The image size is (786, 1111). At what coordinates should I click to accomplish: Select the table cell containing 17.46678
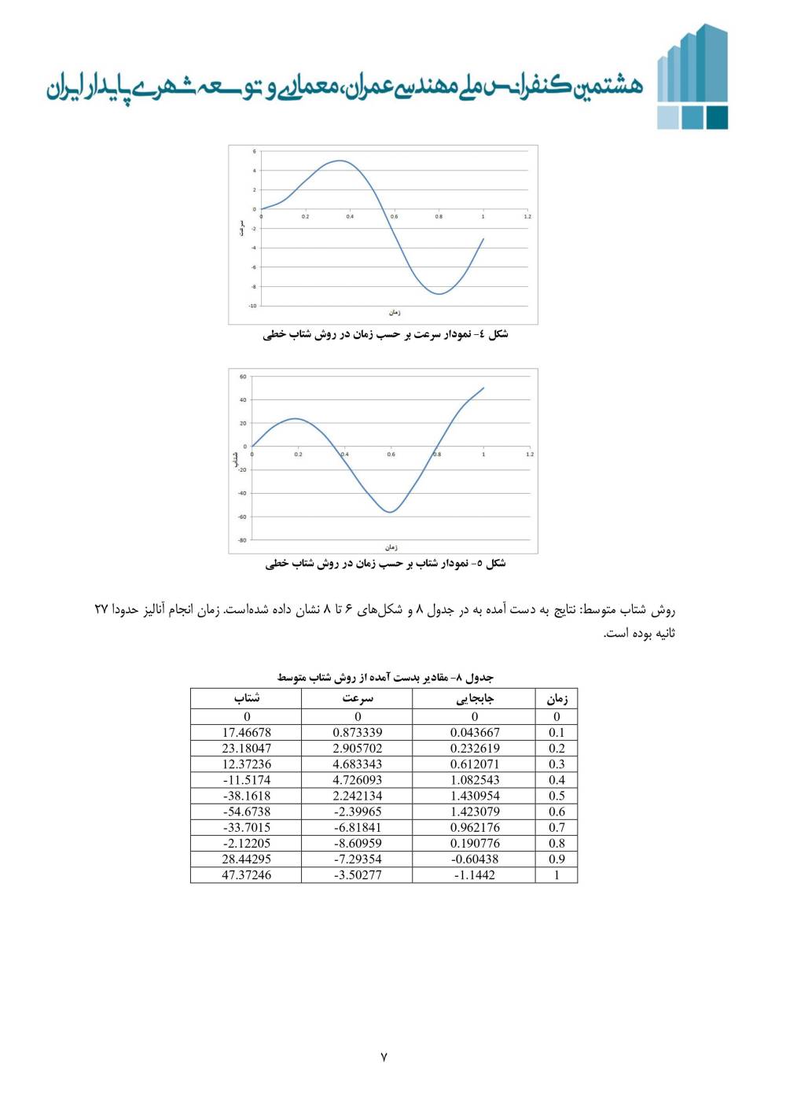[246, 732]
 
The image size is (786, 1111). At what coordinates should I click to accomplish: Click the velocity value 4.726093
[357, 780]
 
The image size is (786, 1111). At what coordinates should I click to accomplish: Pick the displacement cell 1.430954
[474, 796]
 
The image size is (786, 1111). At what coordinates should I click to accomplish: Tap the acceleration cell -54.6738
[246, 811]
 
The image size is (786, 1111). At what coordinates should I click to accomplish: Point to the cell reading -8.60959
[357, 843]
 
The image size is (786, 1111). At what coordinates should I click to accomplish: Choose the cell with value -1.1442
[474, 875]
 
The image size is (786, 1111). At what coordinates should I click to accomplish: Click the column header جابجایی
[474, 698]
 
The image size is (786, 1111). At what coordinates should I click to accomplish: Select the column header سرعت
[357, 698]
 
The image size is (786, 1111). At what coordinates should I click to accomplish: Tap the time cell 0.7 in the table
[556, 827]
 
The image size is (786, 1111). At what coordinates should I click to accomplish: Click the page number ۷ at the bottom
[384, 1057]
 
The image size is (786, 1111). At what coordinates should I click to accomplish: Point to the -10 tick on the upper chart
[252, 306]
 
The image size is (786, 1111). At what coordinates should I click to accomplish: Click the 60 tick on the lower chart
[243, 377]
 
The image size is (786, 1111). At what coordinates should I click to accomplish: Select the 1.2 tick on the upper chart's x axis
[527, 216]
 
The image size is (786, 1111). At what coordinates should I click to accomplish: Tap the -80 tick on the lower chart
[242, 540]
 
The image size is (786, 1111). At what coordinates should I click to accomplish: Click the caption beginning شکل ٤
[385, 335]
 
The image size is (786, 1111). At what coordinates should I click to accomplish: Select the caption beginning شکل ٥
[385, 564]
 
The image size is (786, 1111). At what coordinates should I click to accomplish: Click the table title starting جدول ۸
[385, 677]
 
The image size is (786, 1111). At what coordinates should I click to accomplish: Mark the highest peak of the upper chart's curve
[339, 160]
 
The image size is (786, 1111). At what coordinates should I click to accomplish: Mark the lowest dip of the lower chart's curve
[390, 513]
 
